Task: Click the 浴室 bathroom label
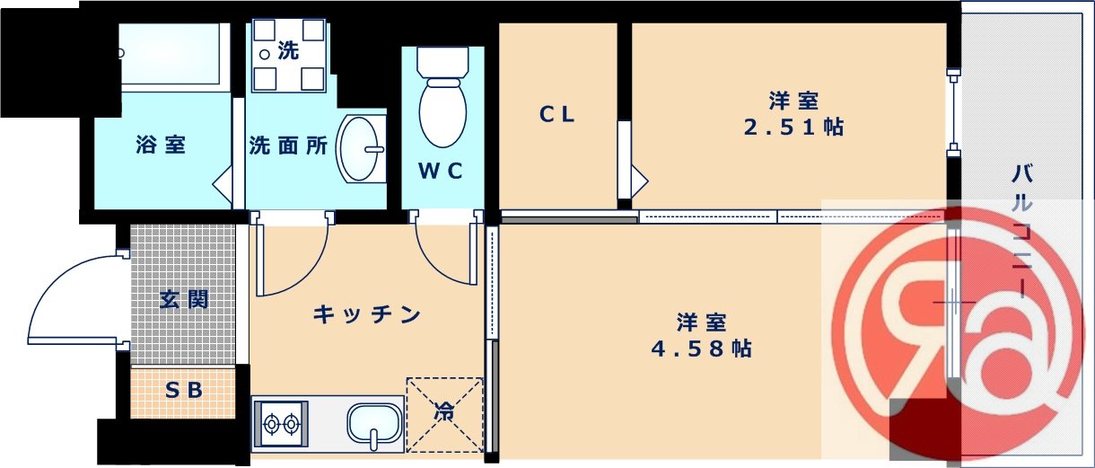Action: coord(162,145)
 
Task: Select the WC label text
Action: coord(441,172)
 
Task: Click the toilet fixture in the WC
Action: coord(442,99)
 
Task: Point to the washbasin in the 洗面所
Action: coord(361,149)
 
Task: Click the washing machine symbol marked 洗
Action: coord(288,54)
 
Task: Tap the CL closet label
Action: coord(557,115)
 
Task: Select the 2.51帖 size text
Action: coord(793,127)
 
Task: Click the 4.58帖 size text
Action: coord(701,348)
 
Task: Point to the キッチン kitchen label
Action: coord(367,314)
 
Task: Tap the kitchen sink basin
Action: coord(374,423)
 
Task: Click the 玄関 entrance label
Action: coord(184,299)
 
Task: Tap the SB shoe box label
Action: coord(183,390)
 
